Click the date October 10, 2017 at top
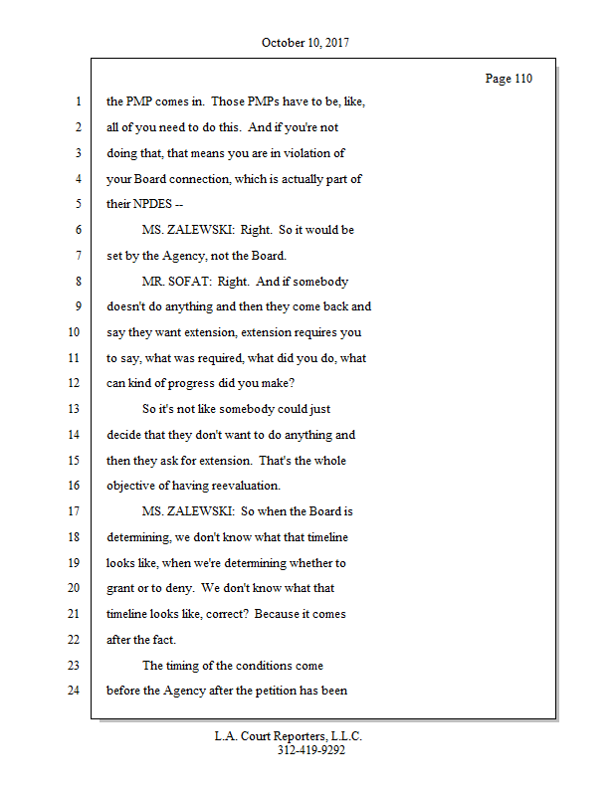[306, 43]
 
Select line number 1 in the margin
[77, 101]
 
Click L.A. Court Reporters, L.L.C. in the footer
[289, 736]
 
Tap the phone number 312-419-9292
[311, 750]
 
